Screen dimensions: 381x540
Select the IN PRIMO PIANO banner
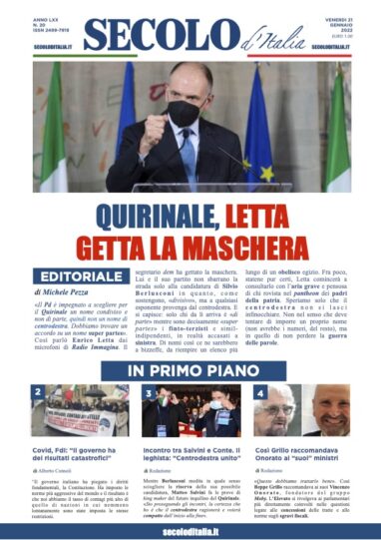(190, 371)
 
